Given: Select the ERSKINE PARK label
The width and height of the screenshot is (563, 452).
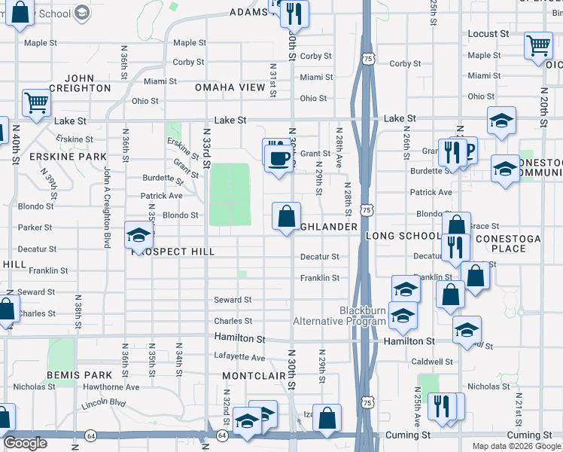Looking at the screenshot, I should (57, 156).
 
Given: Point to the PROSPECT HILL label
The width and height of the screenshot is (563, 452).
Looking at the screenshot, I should (173, 252).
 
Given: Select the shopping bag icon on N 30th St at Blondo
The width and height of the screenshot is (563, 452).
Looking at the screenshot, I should (286, 217).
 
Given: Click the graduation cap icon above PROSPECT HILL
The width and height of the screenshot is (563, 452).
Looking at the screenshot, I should (139, 237).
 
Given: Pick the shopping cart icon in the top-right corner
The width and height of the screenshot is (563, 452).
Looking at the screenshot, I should (538, 45).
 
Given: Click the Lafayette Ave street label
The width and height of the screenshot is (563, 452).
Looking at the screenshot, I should (240, 358).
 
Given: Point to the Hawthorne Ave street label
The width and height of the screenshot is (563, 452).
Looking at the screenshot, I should (111, 387).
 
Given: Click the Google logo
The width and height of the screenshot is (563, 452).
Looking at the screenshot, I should (25, 443).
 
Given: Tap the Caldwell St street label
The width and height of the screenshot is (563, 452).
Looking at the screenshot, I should (432, 362).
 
